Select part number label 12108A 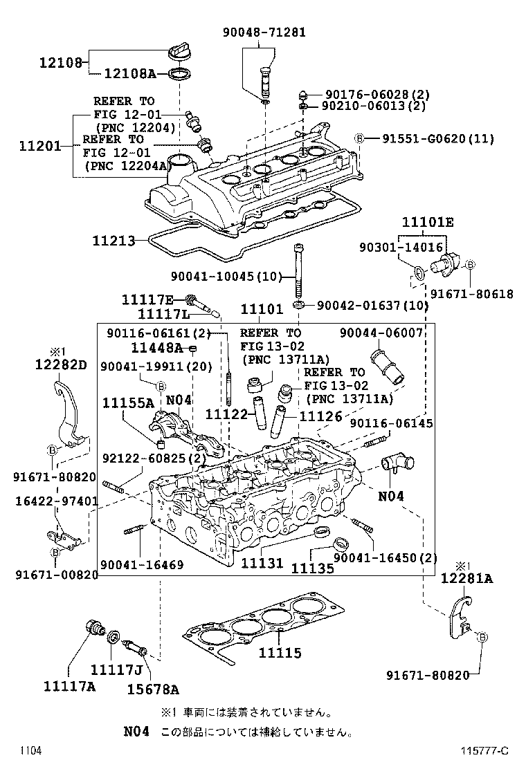pos(130,74)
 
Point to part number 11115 pos(280,653)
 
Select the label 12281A pos(466,579)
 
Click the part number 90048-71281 pos(264,33)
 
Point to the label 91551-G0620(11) pos(438,138)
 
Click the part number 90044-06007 pos(381,333)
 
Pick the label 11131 pos(262,563)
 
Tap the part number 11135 pos(312,568)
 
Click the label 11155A pos(128,402)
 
